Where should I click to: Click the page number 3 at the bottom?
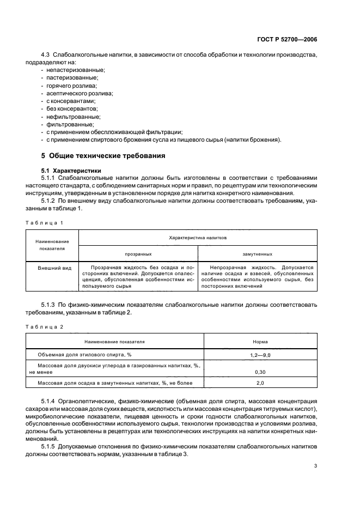[316, 466]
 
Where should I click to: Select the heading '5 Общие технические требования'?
[100, 156]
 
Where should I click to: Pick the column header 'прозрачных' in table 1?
[138, 254]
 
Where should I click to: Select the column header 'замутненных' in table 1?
[257, 254]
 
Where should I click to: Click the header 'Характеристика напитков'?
[198, 238]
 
